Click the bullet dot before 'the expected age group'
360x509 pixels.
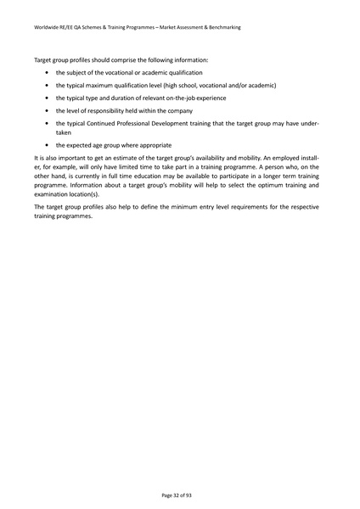47,145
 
